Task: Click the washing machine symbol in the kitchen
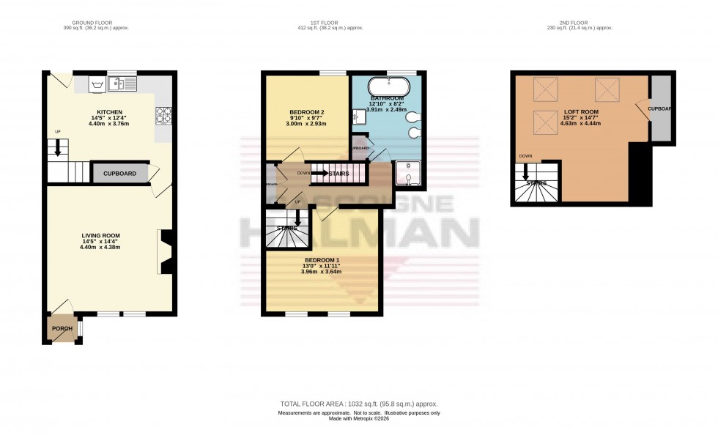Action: coord(95,85)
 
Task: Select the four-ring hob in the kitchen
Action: coord(162,115)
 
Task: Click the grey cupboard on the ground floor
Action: coord(118,173)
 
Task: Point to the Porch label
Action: coord(62,328)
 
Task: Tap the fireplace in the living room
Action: coord(166,253)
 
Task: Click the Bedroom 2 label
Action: coord(307,112)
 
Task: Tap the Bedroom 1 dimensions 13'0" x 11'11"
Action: coord(321,266)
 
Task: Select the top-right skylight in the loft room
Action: coord(607,90)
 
